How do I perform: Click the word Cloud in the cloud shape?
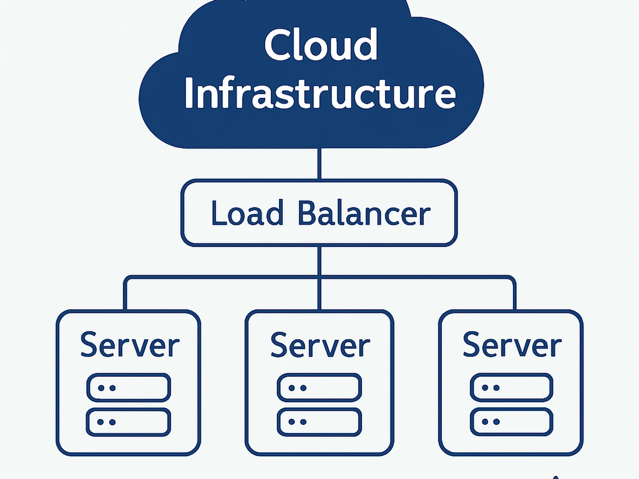[321, 45]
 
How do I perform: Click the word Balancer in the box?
[363, 214]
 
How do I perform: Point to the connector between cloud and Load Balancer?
[319, 164]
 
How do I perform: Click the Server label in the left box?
[130, 345]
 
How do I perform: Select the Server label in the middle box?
[320, 345]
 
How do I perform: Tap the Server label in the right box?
[512, 345]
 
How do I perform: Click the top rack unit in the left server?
[129, 388]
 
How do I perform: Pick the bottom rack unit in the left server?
[129, 422]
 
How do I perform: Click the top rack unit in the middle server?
[319, 388]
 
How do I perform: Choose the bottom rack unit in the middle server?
[319, 422]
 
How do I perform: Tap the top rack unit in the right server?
[512, 388]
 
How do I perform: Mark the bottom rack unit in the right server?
[512, 422]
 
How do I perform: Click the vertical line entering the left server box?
[125, 295]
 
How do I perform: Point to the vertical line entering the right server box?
[514, 295]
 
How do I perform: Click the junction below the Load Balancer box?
[319, 276]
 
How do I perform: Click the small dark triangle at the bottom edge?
[555, 477]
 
